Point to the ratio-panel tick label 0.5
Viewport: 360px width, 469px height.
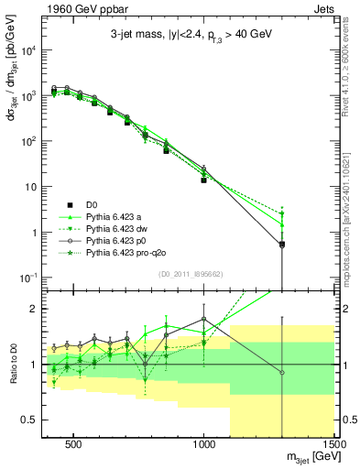30,420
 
